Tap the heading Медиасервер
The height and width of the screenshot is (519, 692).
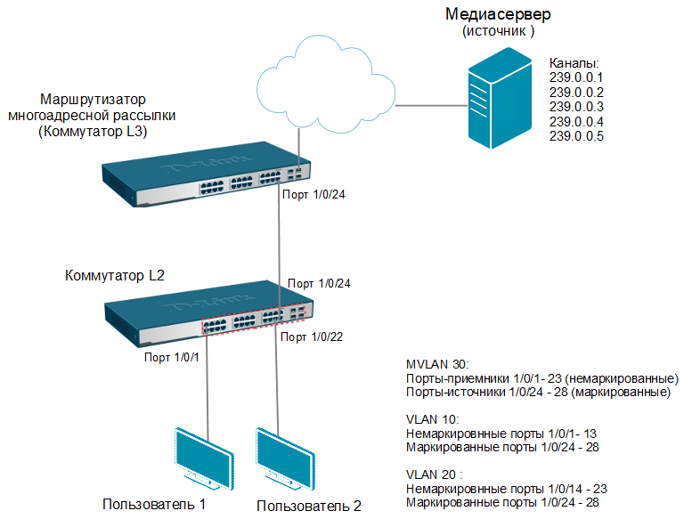point(498,15)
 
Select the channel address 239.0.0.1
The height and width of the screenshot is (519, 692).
point(576,78)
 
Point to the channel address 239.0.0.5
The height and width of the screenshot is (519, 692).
point(576,136)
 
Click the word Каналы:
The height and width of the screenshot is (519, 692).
point(574,64)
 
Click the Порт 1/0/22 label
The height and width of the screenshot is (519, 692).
point(312,337)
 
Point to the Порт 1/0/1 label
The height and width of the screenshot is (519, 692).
point(173,358)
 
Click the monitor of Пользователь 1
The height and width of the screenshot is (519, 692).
point(203,454)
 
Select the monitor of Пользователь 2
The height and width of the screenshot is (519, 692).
point(285,454)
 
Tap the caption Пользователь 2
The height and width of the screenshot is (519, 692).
point(308,506)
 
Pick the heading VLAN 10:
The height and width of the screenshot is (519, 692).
point(431,418)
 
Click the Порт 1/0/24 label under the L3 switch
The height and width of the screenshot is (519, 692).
point(312,195)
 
